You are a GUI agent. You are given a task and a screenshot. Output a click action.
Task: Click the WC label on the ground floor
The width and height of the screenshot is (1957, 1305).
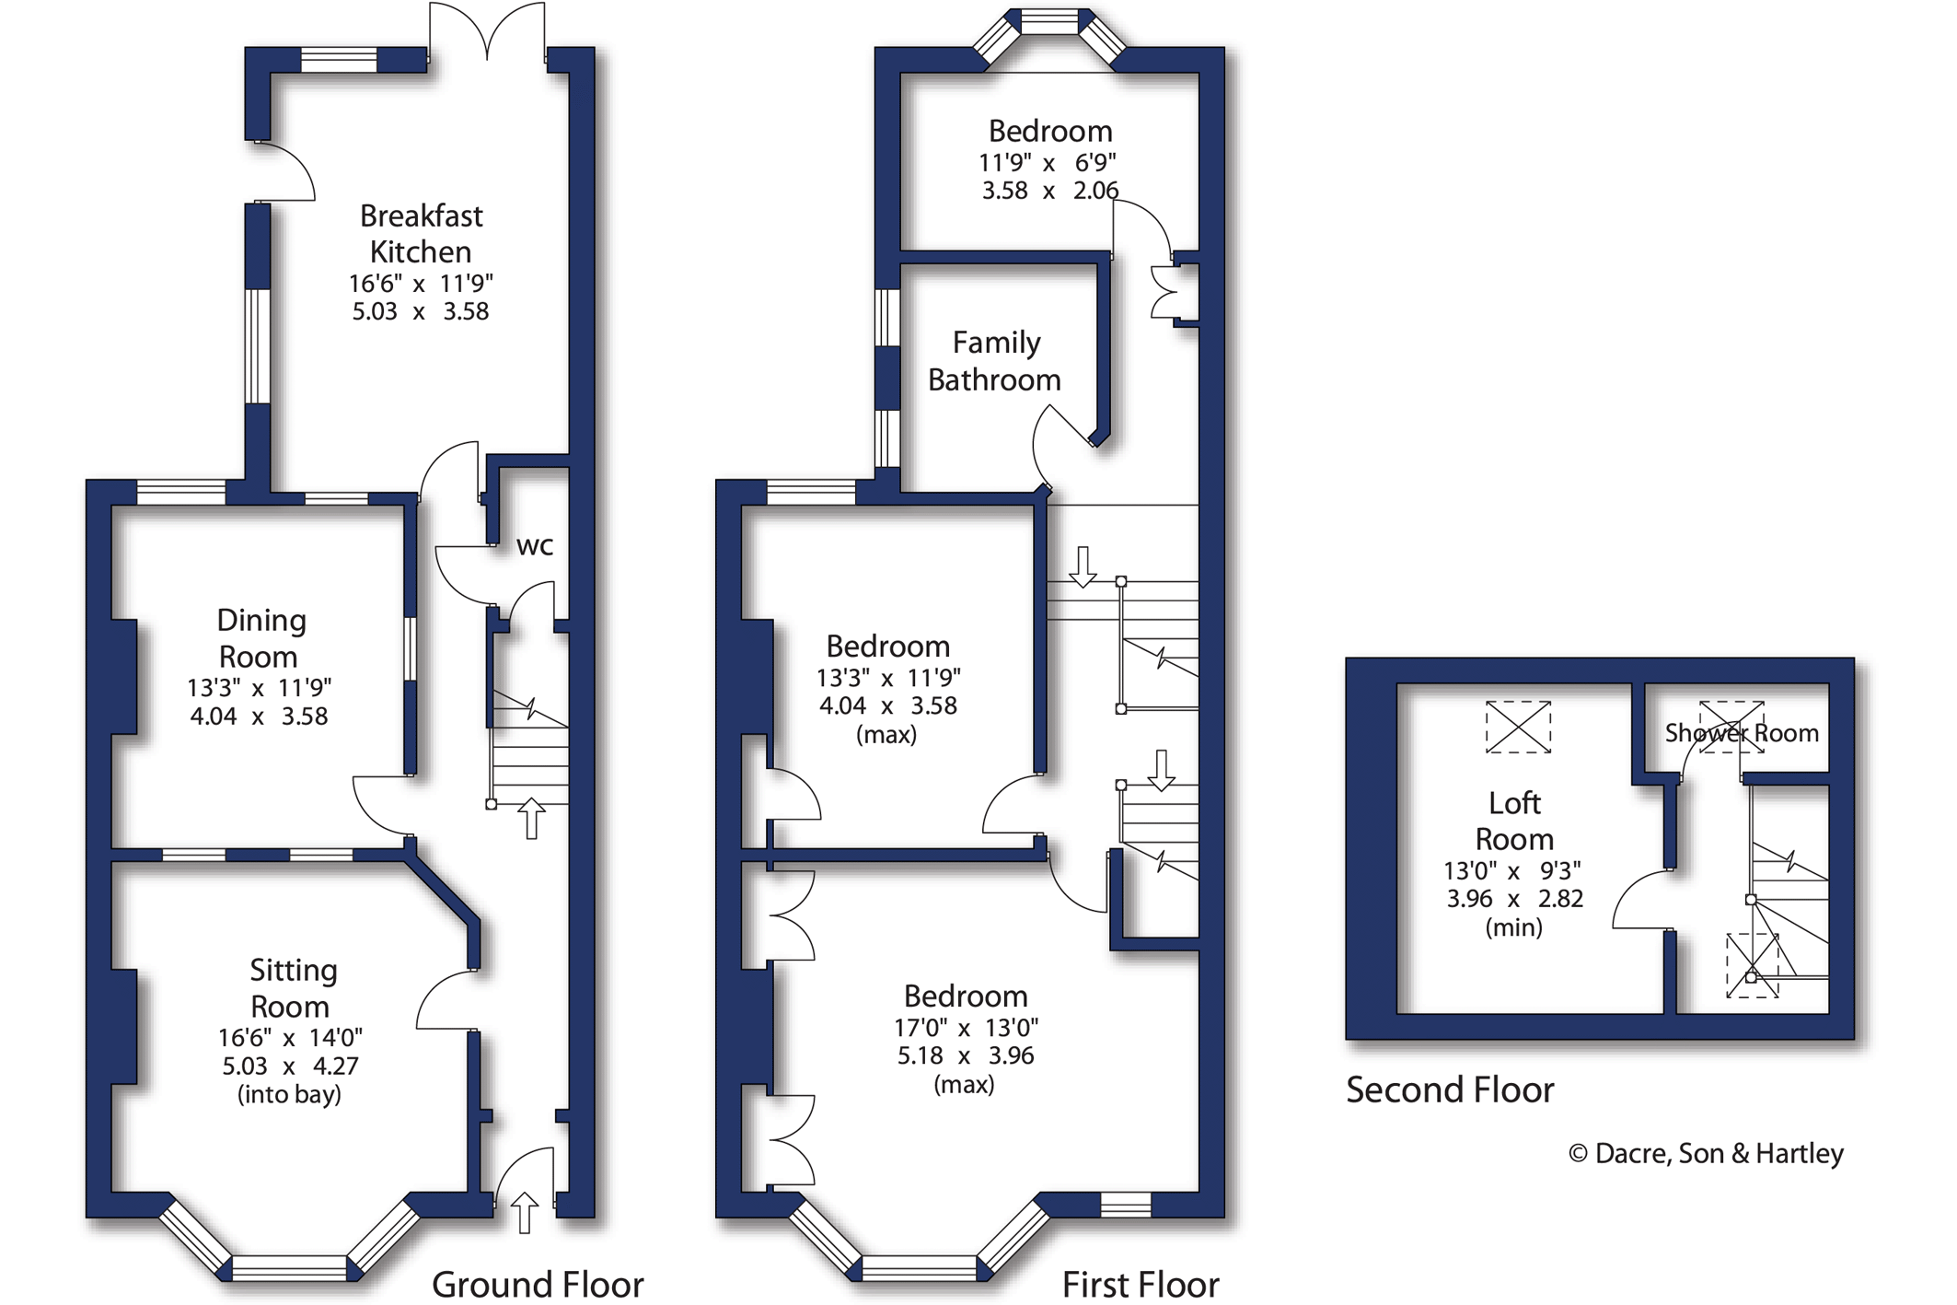click(534, 546)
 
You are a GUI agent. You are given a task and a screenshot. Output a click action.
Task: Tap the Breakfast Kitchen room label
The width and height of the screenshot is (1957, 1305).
click(421, 234)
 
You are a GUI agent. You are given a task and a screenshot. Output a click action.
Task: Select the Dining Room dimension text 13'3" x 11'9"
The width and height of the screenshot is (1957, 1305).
click(259, 688)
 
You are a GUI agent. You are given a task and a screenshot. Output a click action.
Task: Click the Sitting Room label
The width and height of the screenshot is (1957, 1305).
click(292, 987)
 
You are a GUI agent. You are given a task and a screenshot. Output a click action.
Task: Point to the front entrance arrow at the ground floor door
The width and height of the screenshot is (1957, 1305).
click(525, 1212)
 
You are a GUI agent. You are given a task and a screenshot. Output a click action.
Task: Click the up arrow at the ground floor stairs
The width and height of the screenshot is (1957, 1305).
click(531, 818)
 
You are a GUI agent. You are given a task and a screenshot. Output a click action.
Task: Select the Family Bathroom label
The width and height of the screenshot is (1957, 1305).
click(994, 361)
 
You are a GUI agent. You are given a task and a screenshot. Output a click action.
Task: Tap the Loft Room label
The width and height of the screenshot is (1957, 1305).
click(1514, 821)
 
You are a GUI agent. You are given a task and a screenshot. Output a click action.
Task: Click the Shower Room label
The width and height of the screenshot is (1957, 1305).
click(1742, 733)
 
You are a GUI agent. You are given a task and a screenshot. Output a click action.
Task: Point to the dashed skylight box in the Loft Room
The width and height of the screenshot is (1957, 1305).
click(1518, 727)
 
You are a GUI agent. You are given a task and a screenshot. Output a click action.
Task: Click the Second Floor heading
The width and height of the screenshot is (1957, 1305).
click(1450, 1090)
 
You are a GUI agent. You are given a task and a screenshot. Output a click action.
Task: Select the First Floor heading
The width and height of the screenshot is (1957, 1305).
click(1141, 1285)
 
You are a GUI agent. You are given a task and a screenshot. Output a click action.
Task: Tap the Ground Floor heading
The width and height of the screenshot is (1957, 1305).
click(538, 1285)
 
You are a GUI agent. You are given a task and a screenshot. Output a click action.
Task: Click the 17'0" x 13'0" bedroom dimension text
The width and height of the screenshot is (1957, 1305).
click(966, 1028)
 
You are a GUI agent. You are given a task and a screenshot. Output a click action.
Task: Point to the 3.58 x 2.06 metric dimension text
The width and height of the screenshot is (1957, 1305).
click(1049, 191)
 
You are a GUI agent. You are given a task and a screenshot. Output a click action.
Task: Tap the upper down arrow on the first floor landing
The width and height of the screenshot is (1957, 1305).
click(1083, 566)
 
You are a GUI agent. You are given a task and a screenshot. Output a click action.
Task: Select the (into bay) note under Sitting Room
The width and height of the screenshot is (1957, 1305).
click(289, 1094)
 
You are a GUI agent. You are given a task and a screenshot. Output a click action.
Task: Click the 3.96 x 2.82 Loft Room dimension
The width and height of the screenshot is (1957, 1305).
click(1514, 899)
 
